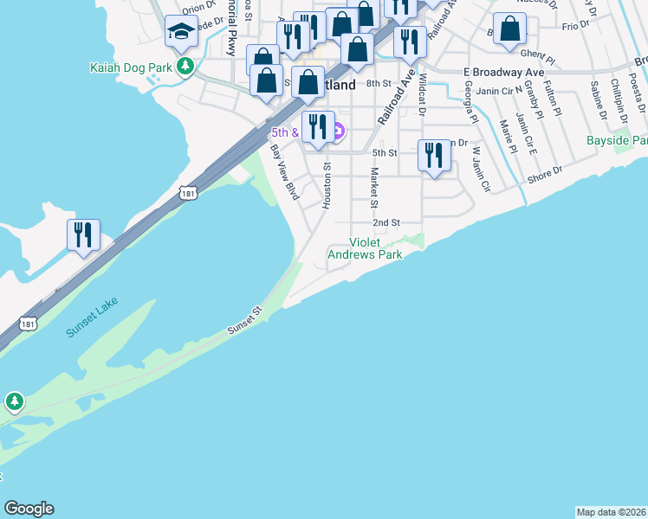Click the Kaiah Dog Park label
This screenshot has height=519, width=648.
point(129,66)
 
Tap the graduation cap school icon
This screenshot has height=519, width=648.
point(182,32)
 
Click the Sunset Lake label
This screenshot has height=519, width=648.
point(91,317)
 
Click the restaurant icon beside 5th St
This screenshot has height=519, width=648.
point(434,156)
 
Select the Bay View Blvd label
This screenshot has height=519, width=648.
point(284,172)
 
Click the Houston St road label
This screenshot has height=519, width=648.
point(327,184)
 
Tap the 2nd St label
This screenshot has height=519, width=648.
point(386,222)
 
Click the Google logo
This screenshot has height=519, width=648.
point(29,509)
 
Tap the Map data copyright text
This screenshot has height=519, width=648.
point(611,512)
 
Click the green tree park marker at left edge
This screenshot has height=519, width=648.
point(14,401)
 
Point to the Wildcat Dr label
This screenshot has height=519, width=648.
point(422,93)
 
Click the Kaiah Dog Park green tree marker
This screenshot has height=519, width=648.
point(184,66)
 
